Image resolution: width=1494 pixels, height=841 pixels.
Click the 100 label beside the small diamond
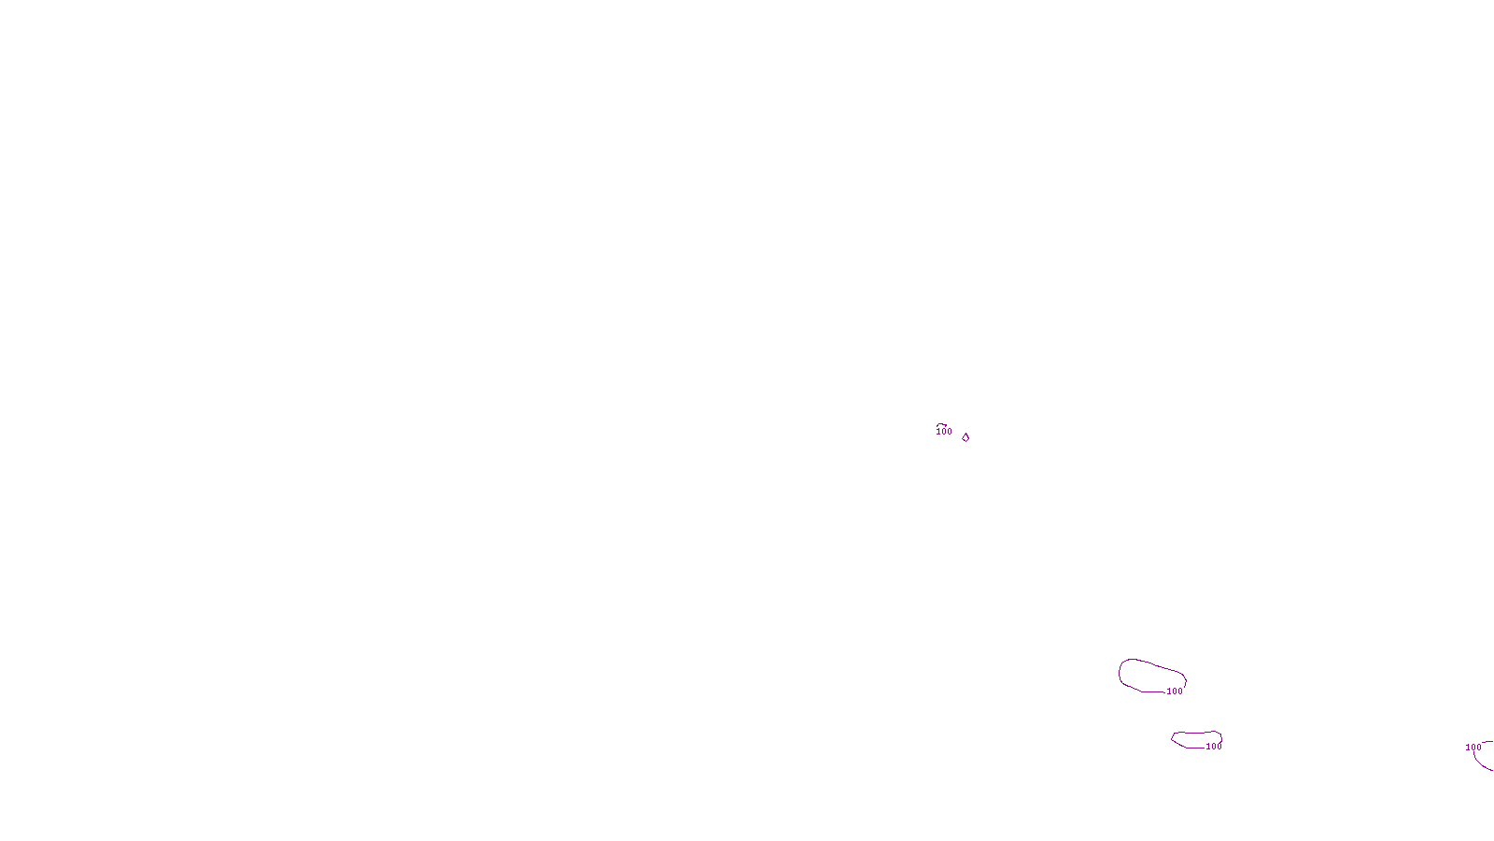(x=944, y=432)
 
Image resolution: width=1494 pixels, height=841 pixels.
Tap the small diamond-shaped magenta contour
(x=965, y=437)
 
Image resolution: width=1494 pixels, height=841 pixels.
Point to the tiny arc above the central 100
(x=942, y=425)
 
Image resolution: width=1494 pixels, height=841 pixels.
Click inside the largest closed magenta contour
(x=1149, y=676)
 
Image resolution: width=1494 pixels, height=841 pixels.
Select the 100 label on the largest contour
(x=1175, y=691)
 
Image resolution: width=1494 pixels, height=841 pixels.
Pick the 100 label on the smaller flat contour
(x=1214, y=747)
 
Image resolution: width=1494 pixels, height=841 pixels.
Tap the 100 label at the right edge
(x=1473, y=748)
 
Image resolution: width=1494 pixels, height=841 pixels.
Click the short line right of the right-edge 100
(x=1487, y=743)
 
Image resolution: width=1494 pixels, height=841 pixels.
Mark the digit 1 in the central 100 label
(x=938, y=432)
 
